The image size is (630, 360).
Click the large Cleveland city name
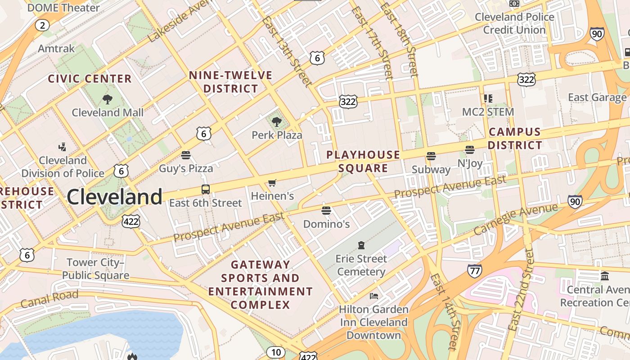click(114, 197)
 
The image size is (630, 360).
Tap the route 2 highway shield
click(42, 25)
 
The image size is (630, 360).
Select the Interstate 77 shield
click(474, 270)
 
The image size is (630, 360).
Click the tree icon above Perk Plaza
click(277, 121)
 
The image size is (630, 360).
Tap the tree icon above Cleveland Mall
click(107, 99)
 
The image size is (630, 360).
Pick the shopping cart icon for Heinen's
click(272, 183)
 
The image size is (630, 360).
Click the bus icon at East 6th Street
click(205, 189)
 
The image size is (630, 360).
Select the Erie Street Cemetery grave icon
click(361, 245)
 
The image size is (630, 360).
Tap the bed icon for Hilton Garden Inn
click(373, 296)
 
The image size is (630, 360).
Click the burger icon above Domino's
click(326, 210)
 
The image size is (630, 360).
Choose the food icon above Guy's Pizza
click(186, 155)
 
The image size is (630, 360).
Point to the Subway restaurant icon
click(431, 156)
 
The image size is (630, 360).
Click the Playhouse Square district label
click(363, 162)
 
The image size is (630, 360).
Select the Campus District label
click(515, 139)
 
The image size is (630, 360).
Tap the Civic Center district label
click(90, 79)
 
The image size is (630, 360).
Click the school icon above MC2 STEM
click(488, 98)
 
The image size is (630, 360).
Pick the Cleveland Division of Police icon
click(63, 147)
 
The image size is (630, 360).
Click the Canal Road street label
click(49, 299)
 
